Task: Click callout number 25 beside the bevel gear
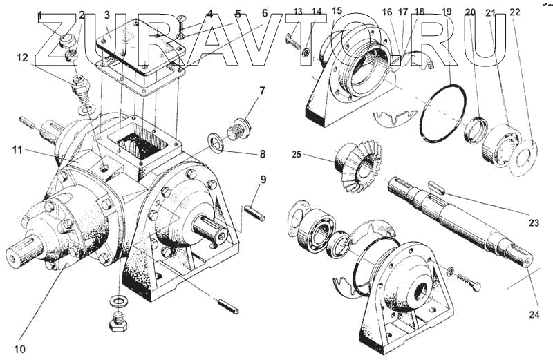(297, 155)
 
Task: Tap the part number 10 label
(20, 349)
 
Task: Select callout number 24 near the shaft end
(534, 314)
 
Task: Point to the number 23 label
(534, 222)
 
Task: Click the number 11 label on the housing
(17, 150)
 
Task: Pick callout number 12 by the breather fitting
(23, 57)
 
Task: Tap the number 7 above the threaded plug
(262, 91)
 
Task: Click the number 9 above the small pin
(263, 180)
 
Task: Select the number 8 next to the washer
(263, 154)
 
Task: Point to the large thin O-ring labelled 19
(443, 113)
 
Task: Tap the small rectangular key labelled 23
(437, 186)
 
